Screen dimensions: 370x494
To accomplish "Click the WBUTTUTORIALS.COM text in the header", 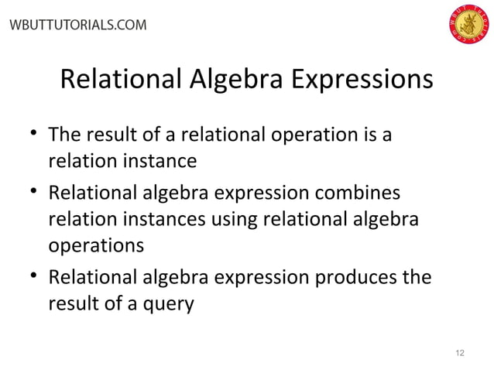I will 76,25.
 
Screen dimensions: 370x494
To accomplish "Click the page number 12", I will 461,353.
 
